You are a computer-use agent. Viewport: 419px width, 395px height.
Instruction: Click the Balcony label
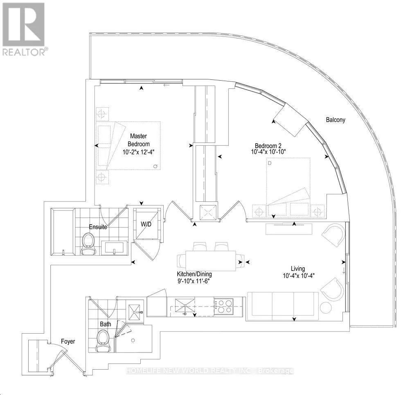click(336, 120)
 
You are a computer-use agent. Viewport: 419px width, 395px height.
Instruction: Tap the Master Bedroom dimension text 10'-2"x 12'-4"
click(138, 152)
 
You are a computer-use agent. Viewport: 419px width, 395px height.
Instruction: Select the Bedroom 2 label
click(268, 146)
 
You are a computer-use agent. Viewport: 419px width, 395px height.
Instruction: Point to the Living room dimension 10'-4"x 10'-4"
click(298, 275)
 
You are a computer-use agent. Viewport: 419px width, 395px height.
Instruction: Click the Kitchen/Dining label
click(194, 274)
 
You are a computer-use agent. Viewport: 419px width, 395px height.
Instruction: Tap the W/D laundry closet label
click(146, 224)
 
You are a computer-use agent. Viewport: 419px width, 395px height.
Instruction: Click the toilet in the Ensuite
click(89, 244)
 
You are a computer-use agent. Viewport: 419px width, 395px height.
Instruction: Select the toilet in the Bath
click(103, 341)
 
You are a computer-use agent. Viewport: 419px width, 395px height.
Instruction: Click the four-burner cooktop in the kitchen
click(223, 306)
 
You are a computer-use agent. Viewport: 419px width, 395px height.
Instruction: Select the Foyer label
click(68, 341)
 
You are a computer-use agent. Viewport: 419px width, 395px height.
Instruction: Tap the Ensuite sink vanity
click(115, 248)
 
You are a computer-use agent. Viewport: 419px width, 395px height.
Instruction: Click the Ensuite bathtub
click(63, 231)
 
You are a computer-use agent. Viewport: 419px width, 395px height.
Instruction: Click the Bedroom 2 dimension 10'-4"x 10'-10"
click(268, 152)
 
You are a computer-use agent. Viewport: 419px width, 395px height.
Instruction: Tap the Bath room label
click(105, 324)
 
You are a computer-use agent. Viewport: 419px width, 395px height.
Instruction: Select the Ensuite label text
click(98, 227)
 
